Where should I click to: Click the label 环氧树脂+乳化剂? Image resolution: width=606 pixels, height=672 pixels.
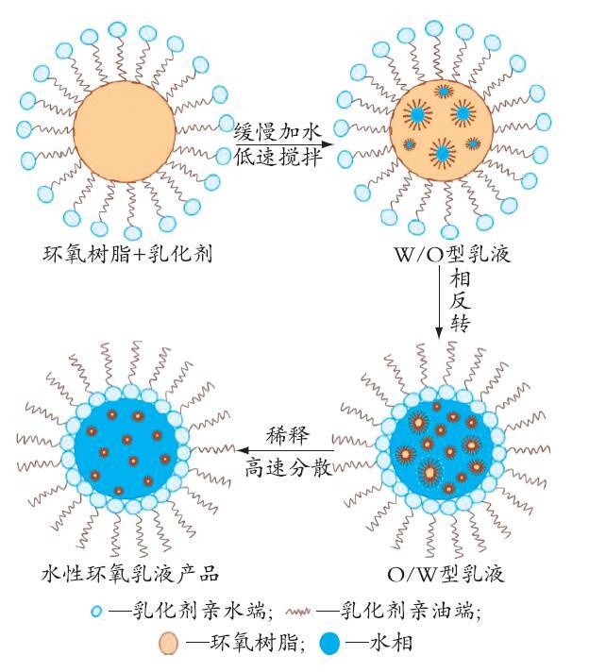pos(127,254)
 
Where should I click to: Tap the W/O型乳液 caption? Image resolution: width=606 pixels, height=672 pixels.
pos(452,254)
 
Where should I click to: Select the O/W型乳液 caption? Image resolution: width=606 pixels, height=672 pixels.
pos(446,574)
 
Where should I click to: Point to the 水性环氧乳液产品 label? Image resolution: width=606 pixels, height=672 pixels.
pos(130,574)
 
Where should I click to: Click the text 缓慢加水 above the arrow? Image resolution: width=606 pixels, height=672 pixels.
pos(278,131)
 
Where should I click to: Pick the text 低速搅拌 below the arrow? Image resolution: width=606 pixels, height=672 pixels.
pos(278,157)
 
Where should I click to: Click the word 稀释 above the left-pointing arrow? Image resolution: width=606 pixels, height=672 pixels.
pos(287,435)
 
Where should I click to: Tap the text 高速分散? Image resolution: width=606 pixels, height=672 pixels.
pos(289,468)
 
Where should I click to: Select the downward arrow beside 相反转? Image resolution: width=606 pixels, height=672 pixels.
pos(438,302)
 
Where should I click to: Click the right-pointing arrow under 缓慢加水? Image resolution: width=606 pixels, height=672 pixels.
pos(284,144)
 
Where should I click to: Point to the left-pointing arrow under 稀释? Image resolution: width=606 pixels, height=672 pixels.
pos(285,450)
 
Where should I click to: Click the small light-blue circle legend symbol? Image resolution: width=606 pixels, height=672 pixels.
pos(97,612)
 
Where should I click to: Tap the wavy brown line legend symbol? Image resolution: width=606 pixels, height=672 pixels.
pos(298,612)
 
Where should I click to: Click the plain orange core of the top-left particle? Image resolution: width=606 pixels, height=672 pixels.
pos(125,131)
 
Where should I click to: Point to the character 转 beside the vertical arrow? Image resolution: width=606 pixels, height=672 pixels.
pos(460,324)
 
